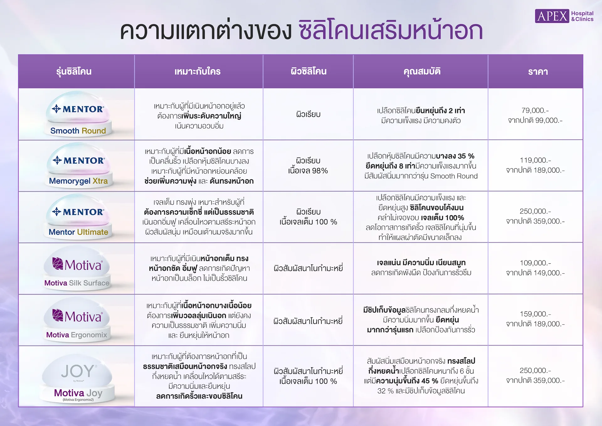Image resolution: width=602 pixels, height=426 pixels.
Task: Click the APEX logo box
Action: point(552,16)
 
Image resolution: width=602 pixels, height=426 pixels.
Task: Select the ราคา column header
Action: point(538,72)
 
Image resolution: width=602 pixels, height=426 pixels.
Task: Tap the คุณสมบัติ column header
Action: point(422,72)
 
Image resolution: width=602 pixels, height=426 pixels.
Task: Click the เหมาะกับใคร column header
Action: point(198,72)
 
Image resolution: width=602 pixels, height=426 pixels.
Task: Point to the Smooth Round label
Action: point(78,131)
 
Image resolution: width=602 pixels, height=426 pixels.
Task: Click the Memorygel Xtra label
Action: point(78,181)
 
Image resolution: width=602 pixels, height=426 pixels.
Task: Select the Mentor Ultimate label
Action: point(78,232)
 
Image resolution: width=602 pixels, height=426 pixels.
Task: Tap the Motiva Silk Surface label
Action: point(77,283)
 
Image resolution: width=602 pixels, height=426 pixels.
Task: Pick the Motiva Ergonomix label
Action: point(77,335)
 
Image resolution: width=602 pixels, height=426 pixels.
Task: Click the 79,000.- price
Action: point(535,111)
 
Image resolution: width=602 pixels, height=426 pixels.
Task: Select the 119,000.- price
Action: point(535,160)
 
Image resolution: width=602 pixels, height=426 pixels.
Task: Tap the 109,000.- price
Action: point(535,263)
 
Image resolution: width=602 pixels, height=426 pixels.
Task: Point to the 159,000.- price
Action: point(535,314)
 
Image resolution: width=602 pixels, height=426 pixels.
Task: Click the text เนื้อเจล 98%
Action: point(308,171)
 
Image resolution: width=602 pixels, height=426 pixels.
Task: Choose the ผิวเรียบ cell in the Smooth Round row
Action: point(308,115)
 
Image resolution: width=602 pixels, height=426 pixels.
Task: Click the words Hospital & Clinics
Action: point(582,16)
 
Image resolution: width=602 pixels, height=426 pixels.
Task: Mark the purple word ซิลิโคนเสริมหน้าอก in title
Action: point(390,31)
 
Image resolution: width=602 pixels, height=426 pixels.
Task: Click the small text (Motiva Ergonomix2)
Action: point(78,400)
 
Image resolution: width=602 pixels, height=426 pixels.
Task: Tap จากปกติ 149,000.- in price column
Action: point(535,273)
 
